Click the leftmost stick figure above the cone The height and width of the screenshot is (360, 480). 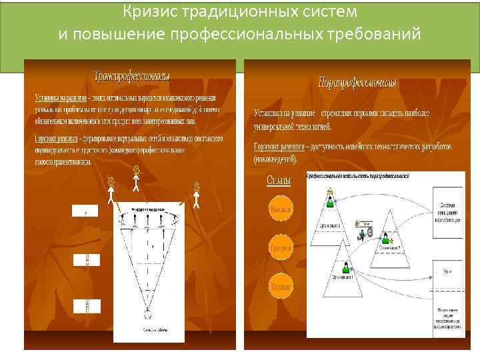(x=111, y=190)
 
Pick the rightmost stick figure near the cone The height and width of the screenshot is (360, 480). (x=197, y=195)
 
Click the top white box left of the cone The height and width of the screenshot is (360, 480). (x=85, y=210)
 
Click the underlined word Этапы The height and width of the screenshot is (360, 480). (x=278, y=180)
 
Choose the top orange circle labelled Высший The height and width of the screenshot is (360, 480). (x=279, y=210)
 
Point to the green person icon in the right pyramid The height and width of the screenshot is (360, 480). (x=385, y=236)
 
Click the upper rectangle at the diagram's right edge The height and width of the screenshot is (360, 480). (x=447, y=211)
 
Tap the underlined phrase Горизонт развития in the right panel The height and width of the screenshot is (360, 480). (x=279, y=146)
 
